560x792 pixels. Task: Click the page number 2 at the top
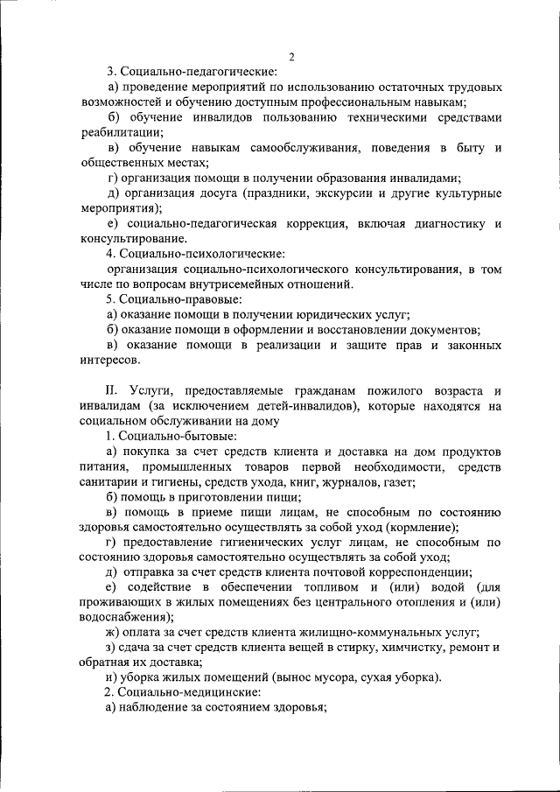click(291, 57)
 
